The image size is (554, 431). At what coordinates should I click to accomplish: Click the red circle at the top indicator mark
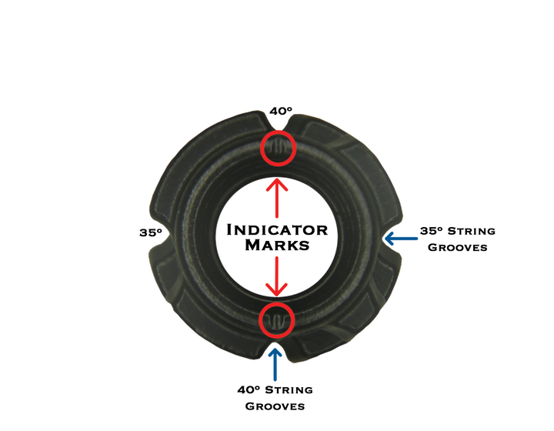(277, 148)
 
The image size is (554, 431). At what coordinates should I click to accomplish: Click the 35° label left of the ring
(149, 232)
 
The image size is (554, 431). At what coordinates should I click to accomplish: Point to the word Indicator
(277, 230)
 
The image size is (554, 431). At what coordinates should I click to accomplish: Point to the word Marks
(277, 246)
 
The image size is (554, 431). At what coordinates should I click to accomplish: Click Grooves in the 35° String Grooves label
(457, 248)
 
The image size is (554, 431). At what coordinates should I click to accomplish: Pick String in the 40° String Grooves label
(288, 390)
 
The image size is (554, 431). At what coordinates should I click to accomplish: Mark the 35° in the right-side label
(429, 230)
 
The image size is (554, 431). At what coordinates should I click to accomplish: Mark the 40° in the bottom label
(248, 390)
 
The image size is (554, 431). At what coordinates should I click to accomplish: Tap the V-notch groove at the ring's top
(277, 123)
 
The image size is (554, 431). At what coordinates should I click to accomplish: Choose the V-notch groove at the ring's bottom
(277, 344)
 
